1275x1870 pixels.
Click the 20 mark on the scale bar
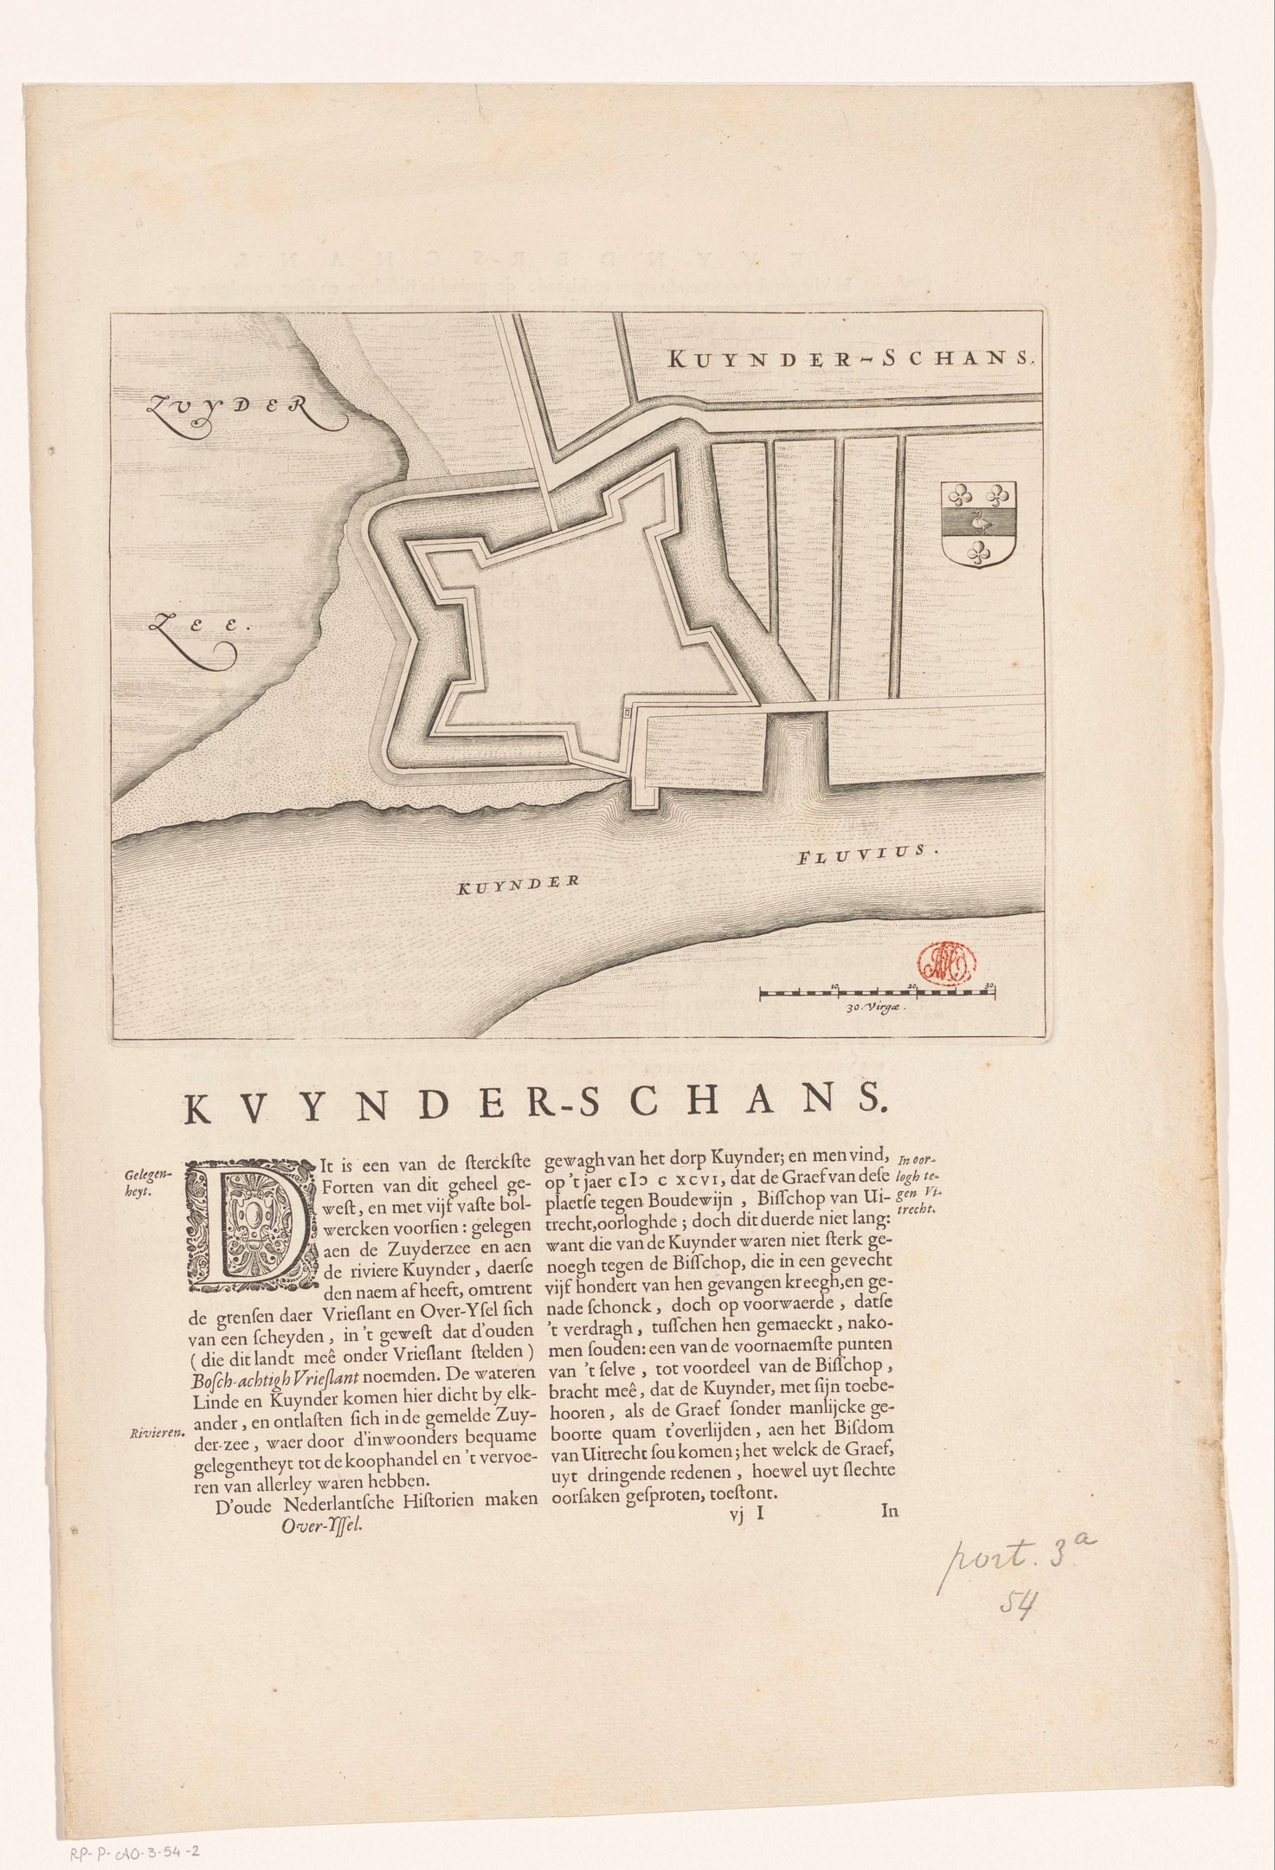[x=914, y=985]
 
